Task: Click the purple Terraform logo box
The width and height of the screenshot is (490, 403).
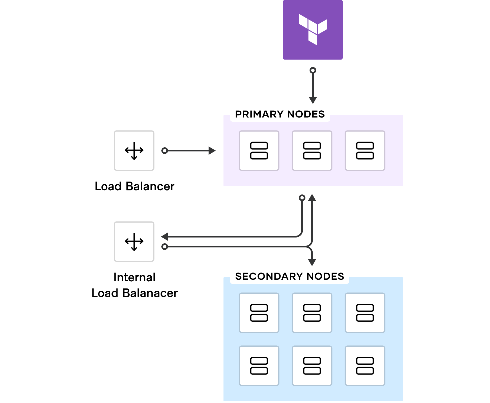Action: [313, 30]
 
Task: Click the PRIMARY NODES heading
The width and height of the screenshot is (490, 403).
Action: [280, 114]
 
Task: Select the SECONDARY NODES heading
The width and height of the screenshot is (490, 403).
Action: [289, 276]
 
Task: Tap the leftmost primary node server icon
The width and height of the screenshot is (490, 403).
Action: [259, 151]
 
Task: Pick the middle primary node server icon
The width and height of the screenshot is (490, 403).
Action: [312, 151]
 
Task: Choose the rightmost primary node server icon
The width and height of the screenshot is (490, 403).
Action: [365, 151]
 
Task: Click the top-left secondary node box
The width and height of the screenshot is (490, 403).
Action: [259, 313]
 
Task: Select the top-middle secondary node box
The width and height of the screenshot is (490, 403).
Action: [312, 313]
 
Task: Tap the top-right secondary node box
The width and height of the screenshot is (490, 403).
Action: [365, 313]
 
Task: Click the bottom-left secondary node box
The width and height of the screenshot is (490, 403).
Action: [259, 366]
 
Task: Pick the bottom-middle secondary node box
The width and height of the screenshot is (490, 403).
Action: [312, 366]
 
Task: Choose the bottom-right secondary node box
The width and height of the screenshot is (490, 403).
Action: [365, 366]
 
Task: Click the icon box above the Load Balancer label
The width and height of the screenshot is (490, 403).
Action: [134, 151]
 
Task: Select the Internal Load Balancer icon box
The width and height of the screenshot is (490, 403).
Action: [134, 242]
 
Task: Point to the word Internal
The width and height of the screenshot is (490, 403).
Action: [134, 277]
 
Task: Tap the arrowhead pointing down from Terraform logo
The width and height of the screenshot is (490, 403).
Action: [313, 100]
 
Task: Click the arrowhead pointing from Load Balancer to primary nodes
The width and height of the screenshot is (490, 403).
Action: [212, 151]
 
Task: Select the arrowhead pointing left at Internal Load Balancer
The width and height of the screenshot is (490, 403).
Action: [165, 237]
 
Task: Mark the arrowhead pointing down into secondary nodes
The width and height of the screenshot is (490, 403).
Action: [312, 262]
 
